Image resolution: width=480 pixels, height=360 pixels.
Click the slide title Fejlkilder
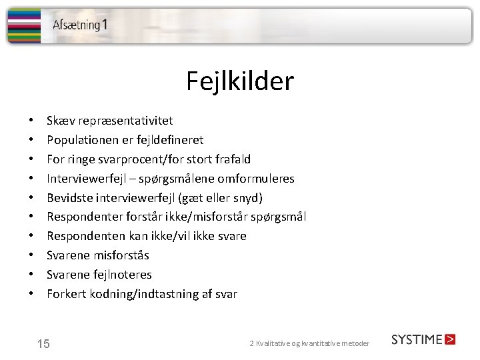tap(239, 82)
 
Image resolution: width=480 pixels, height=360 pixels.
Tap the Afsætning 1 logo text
tap(80, 25)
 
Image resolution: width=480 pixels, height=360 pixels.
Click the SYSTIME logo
tap(423, 339)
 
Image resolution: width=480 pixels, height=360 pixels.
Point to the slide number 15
tap(43, 344)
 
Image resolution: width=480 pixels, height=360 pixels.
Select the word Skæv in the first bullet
tap(61, 121)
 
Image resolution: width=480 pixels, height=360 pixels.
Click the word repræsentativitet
tap(125, 121)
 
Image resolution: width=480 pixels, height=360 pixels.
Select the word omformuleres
tap(256, 179)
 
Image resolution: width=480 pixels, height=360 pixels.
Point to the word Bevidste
tap(69, 198)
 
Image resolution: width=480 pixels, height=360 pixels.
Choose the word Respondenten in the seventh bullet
tap(86, 236)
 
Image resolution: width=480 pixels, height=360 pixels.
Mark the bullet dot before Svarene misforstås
tap(32, 255)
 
